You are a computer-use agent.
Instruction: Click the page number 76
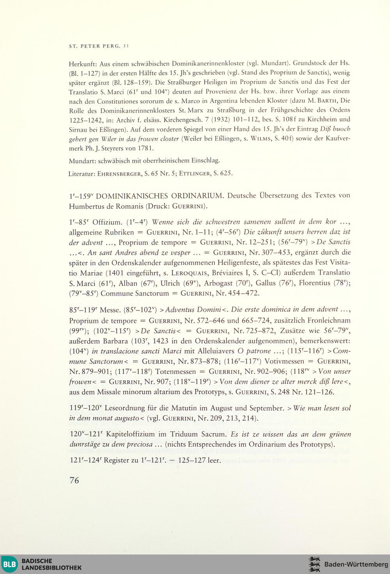(74, 480)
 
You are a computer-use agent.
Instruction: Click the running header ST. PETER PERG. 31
(99, 46)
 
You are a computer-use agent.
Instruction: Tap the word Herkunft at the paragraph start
(83, 63)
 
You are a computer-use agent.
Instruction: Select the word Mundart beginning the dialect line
(82, 161)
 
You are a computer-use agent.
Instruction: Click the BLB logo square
(9, 564)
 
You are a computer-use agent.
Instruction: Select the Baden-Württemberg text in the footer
(356, 564)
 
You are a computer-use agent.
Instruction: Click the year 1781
(146, 148)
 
